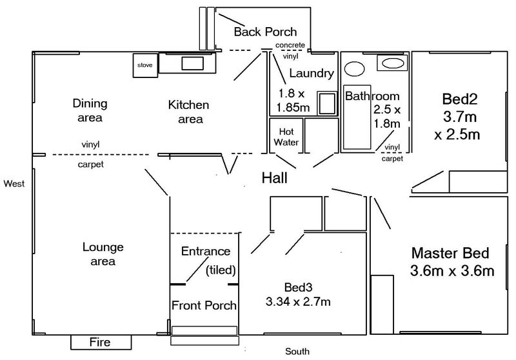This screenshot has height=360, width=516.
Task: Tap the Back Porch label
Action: [265, 32]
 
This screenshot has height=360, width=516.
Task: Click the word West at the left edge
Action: [14, 184]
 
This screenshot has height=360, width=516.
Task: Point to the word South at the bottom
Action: [298, 352]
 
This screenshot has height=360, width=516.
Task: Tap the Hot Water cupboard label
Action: [286, 136]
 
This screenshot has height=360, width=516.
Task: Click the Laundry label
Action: [312, 73]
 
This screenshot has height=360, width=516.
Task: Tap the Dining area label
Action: [90, 110]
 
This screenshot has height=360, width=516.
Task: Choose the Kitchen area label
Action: [188, 112]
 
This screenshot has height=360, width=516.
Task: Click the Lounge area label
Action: [103, 254]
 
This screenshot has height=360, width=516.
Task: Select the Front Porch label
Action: [203, 305]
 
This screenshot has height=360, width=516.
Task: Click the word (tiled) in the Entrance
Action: [221, 270]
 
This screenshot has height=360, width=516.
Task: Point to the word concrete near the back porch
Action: [290, 45]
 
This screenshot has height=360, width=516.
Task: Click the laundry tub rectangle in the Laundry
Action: [327, 103]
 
